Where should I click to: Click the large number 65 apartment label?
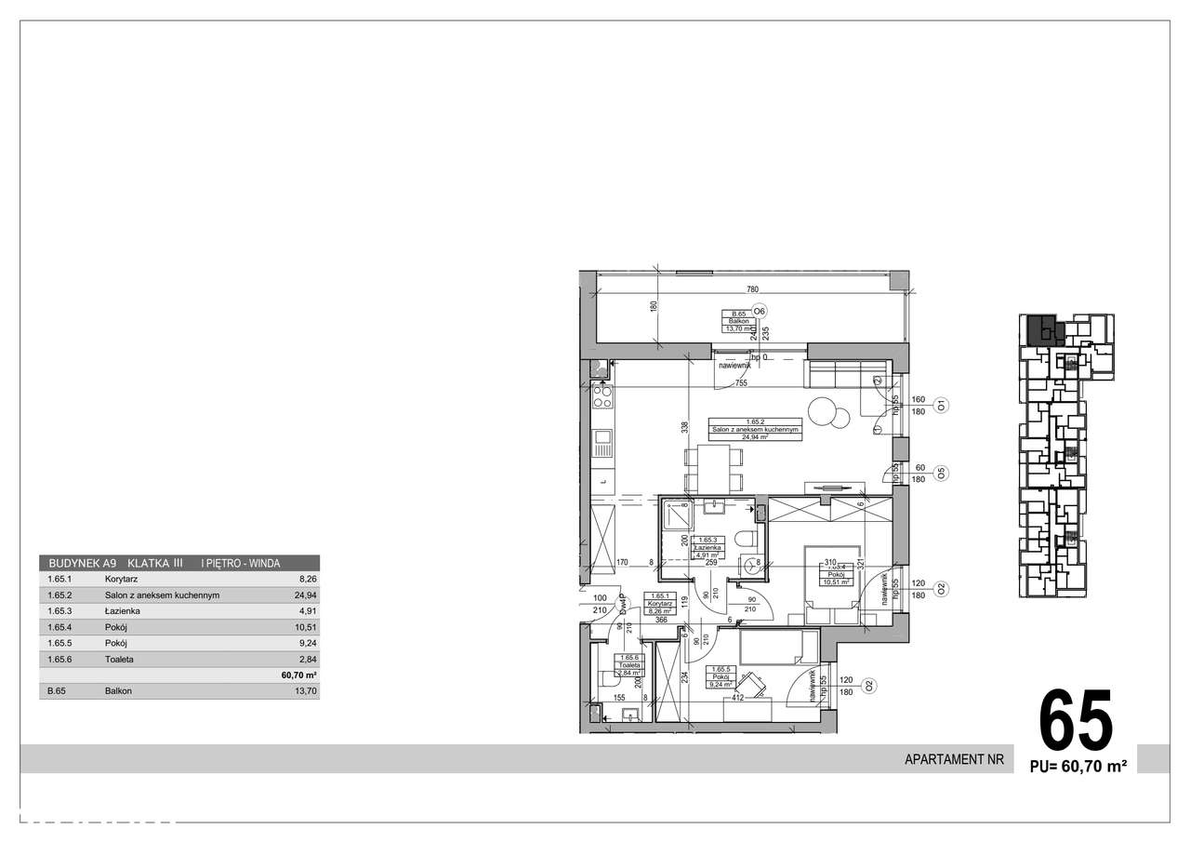(1076, 721)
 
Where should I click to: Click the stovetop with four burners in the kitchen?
(602, 397)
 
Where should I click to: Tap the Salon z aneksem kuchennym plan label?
(754, 429)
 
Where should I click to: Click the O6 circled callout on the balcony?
(760, 312)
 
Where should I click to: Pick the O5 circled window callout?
(941, 473)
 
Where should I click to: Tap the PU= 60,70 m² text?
(1078, 767)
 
